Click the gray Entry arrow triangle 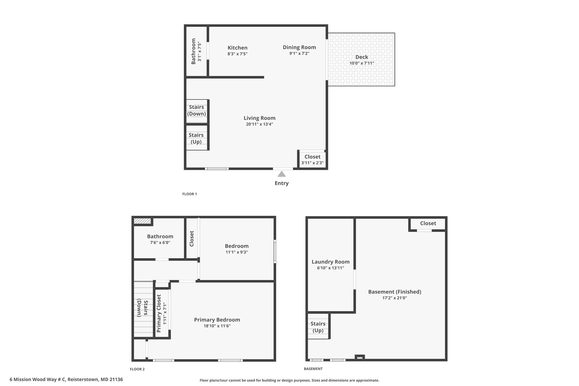coord(281,174)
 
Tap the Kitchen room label coord(237,48)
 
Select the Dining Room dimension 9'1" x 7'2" coord(299,53)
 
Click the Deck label coord(362,57)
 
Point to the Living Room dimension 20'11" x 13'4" coord(260,124)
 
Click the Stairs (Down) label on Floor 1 coord(196,110)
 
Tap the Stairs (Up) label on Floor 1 coord(196,138)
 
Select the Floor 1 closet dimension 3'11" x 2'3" coord(312,163)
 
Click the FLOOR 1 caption coord(189,194)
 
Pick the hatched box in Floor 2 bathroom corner coord(142,221)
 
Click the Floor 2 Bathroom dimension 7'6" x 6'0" coord(160,243)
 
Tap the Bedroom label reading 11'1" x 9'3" coord(237,252)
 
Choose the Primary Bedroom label coord(217,320)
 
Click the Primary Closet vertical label coord(159,313)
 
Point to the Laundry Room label coord(330,262)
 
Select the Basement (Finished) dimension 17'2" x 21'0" coord(395,298)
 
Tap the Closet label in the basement coord(428,223)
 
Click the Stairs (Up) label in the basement coord(318,327)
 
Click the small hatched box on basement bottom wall coord(360,358)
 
